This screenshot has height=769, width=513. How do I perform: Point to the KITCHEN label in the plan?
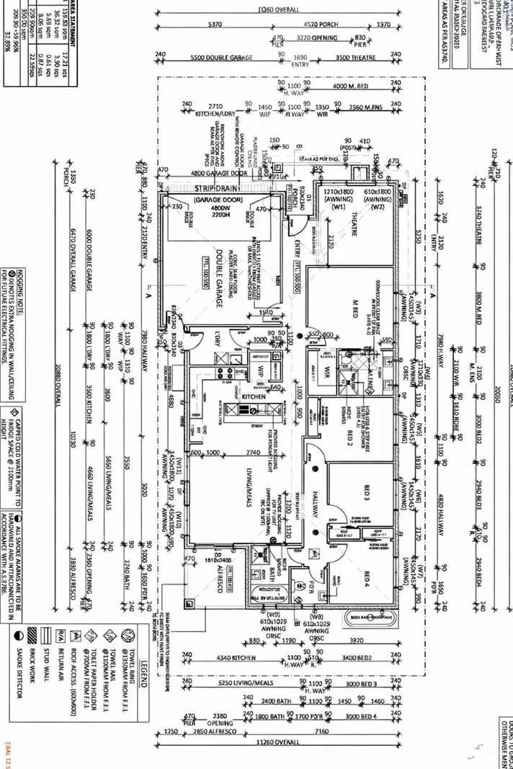pos(254,397)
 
